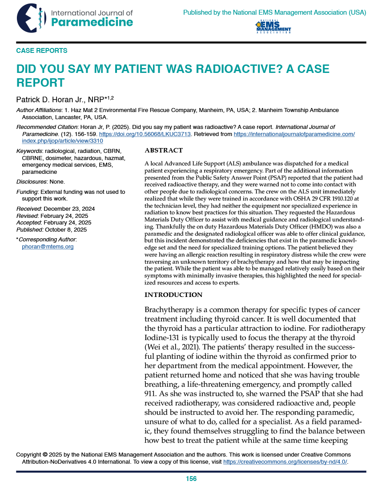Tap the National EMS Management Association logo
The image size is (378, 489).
click(273, 27)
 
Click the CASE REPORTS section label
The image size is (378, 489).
click(42, 51)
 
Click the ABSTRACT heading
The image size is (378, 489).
click(164, 151)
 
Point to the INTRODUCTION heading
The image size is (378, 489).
click(173, 295)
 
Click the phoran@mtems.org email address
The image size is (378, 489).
click(48, 247)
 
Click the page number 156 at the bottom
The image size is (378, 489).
click(191, 479)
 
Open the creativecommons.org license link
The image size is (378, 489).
click(285, 462)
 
